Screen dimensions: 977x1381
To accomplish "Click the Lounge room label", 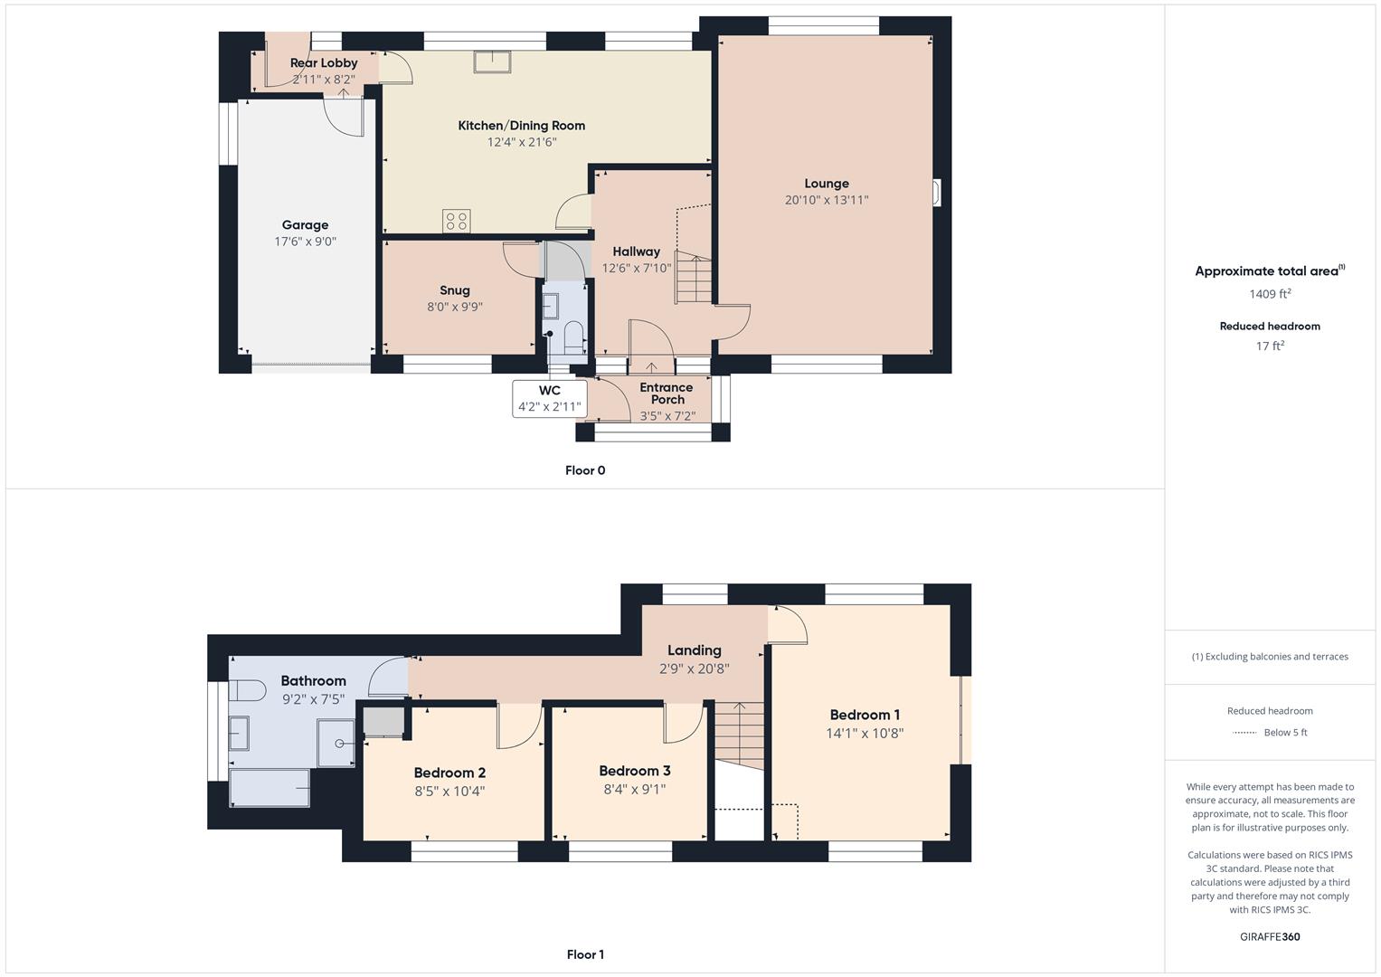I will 826,184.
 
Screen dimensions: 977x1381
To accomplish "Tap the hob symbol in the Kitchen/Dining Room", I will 456,221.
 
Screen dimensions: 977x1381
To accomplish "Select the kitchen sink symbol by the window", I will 492,61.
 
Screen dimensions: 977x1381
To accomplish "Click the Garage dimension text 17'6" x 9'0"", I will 305,242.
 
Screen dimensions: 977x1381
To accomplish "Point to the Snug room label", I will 454,290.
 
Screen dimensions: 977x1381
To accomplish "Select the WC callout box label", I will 549,391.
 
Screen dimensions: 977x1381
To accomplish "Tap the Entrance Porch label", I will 667,394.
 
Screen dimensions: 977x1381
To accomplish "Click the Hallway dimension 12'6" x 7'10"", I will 637,268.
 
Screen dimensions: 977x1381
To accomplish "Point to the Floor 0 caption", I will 585,470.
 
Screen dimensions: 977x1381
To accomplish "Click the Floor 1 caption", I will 585,954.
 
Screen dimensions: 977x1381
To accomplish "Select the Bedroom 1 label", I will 865,715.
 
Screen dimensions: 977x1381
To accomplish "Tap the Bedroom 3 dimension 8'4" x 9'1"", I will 635,789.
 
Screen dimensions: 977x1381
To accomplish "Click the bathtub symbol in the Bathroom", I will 270,787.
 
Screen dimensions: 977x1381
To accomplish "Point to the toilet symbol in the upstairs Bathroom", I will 245,692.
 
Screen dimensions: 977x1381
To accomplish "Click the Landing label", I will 694,650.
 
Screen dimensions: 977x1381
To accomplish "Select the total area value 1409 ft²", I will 1269,294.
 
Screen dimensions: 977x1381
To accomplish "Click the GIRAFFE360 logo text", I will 1269,936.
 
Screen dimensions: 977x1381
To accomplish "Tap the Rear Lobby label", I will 323,63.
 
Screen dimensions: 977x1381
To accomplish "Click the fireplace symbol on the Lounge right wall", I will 937,193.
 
